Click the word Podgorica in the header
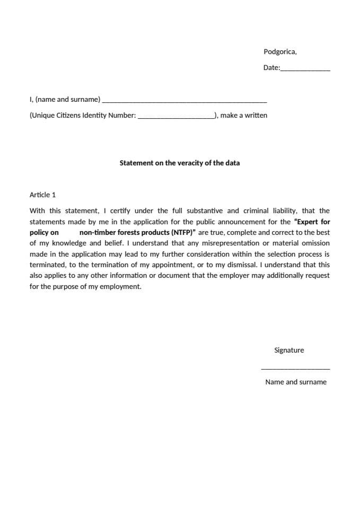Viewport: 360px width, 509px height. click(x=279, y=51)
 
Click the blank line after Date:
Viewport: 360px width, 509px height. click(x=305, y=69)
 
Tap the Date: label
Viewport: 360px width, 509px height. click(x=271, y=68)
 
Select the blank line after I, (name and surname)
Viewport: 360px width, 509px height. click(x=184, y=101)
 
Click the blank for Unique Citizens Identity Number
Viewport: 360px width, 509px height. click(x=175, y=117)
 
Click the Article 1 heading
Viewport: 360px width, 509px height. click(x=42, y=195)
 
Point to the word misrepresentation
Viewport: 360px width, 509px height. click(x=231, y=243)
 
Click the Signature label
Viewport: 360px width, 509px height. click(x=289, y=350)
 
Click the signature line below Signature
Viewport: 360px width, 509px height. click(x=295, y=368)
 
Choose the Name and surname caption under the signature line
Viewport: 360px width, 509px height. click(x=296, y=382)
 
